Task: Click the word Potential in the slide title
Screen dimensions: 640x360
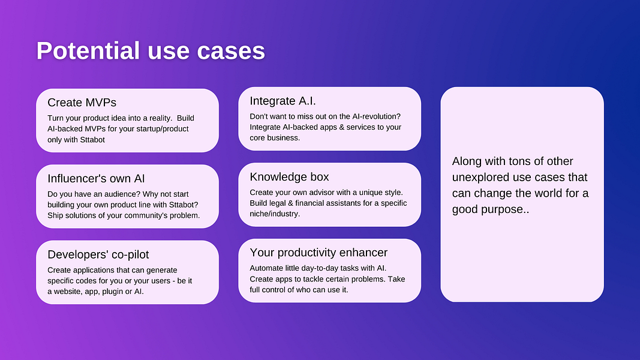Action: pyautogui.click(x=88, y=50)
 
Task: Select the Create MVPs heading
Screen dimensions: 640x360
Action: pyautogui.click(x=82, y=103)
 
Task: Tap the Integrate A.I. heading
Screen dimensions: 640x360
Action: pyautogui.click(x=283, y=101)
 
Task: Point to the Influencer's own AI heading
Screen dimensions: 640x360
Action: pyautogui.click(x=96, y=178)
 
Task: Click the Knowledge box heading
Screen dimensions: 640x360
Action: pyautogui.click(x=289, y=177)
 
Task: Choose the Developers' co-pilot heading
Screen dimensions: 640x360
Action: pyautogui.click(x=98, y=254)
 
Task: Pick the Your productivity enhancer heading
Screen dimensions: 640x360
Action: pyautogui.click(x=319, y=253)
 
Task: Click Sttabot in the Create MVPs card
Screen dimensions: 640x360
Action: pyautogui.click(x=92, y=140)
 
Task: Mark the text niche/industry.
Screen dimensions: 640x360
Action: pyautogui.click(x=275, y=214)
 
